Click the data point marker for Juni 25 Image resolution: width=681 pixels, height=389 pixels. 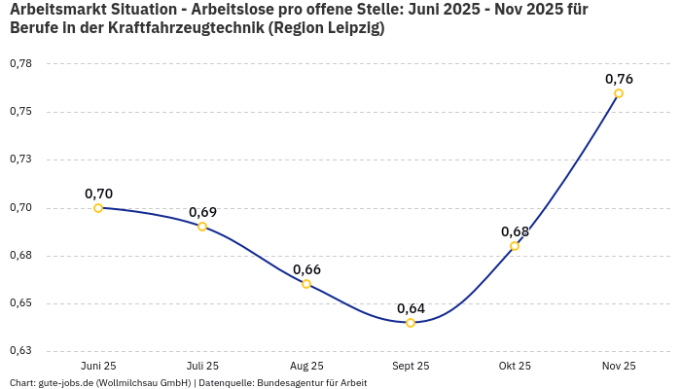pos(98,208)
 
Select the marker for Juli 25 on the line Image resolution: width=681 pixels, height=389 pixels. pos(202,227)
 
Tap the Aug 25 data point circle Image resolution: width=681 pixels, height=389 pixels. pos(306,284)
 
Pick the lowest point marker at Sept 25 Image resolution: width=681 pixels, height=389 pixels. pos(411,323)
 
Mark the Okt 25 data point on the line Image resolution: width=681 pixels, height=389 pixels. pos(515,246)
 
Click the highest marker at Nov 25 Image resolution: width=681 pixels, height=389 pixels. pos(619,93)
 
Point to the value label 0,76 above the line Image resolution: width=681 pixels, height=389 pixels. pos(619,79)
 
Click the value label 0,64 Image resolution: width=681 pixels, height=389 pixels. pos(411,308)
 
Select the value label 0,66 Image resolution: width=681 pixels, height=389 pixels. pos(306,269)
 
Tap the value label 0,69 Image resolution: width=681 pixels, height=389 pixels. pos(202,212)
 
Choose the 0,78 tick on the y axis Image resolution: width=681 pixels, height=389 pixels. pos(20,64)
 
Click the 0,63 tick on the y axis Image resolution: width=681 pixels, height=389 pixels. pos(20,351)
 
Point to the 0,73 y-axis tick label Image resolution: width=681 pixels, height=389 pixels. pos(20,159)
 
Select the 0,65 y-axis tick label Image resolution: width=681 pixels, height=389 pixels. pos(20,303)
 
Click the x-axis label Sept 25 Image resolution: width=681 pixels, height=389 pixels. pos(411,366)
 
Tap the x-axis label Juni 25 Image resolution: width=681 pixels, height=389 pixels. pos(98,366)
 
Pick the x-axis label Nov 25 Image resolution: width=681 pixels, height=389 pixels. pos(619,366)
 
